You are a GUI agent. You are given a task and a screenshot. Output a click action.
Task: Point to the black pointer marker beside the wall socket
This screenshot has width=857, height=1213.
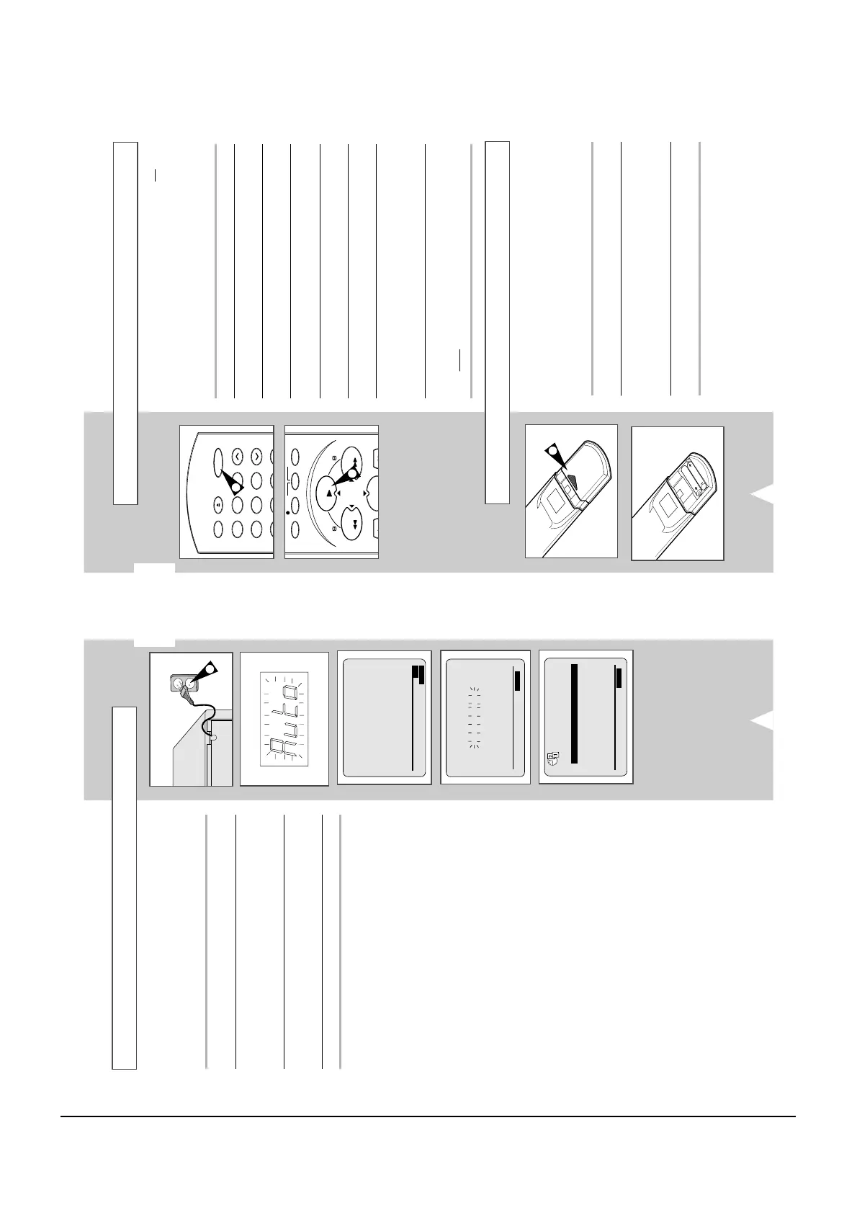click(x=208, y=671)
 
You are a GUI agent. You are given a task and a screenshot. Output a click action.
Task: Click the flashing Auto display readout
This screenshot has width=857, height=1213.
click(x=283, y=719)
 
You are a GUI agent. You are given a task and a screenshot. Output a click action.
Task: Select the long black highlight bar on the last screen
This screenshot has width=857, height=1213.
click(x=574, y=713)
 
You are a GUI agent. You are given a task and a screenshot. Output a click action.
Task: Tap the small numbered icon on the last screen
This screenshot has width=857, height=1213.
click(x=552, y=758)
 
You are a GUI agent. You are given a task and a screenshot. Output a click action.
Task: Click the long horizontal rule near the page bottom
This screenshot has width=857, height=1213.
click(x=428, y=1117)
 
